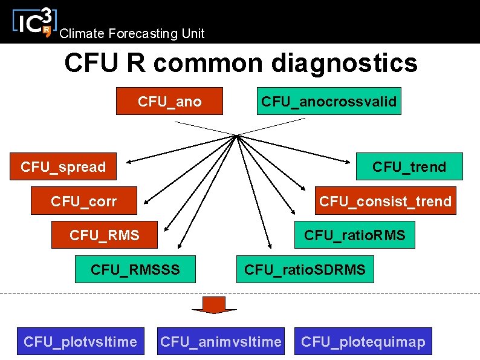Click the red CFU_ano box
pyautogui.click(x=170, y=102)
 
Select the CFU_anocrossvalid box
pyautogui.click(x=329, y=102)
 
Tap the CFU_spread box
pyautogui.click(x=63, y=166)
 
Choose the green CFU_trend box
pyautogui.click(x=409, y=166)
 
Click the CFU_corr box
pyautogui.click(x=84, y=201)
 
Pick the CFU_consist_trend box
pyautogui.click(x=385, y=201)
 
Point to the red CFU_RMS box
pyautogui.click(x=105, y=235)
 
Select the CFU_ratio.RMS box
pyautogui.click(x=354, y=235)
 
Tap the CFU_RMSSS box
pyautogui.click(x=135, y=269)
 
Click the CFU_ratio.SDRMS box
pyautogui.click(x=305, y=269)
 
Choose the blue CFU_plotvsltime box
pyautogui.click(x=80, y=342)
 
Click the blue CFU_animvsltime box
pyautogui.click(x=221, y=342)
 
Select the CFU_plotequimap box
pyautogui.click(x=363, y=342)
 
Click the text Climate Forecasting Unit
pyautogui.click(x=132, y=34)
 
